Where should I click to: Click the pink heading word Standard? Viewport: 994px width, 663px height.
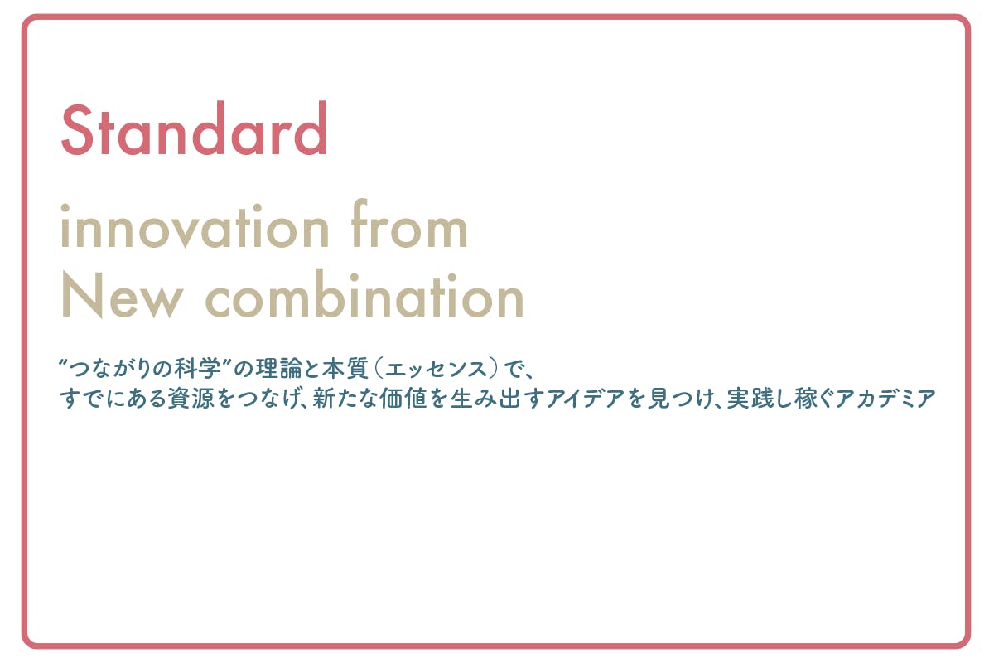195,128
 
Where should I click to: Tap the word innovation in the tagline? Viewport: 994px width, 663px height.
195,226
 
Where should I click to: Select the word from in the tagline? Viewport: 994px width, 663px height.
408,224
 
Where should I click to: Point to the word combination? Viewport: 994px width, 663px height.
364,293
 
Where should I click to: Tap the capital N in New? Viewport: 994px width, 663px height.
82,296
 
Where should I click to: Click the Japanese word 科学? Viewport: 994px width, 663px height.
198,369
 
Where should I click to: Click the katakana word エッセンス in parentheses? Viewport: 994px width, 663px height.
437,370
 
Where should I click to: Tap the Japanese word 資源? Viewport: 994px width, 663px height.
191,398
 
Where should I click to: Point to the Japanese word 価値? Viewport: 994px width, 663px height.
402,398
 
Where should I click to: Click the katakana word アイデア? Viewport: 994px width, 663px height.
586,399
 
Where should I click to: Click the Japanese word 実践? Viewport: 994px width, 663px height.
749,398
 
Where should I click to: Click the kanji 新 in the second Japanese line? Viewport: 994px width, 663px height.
324,398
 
